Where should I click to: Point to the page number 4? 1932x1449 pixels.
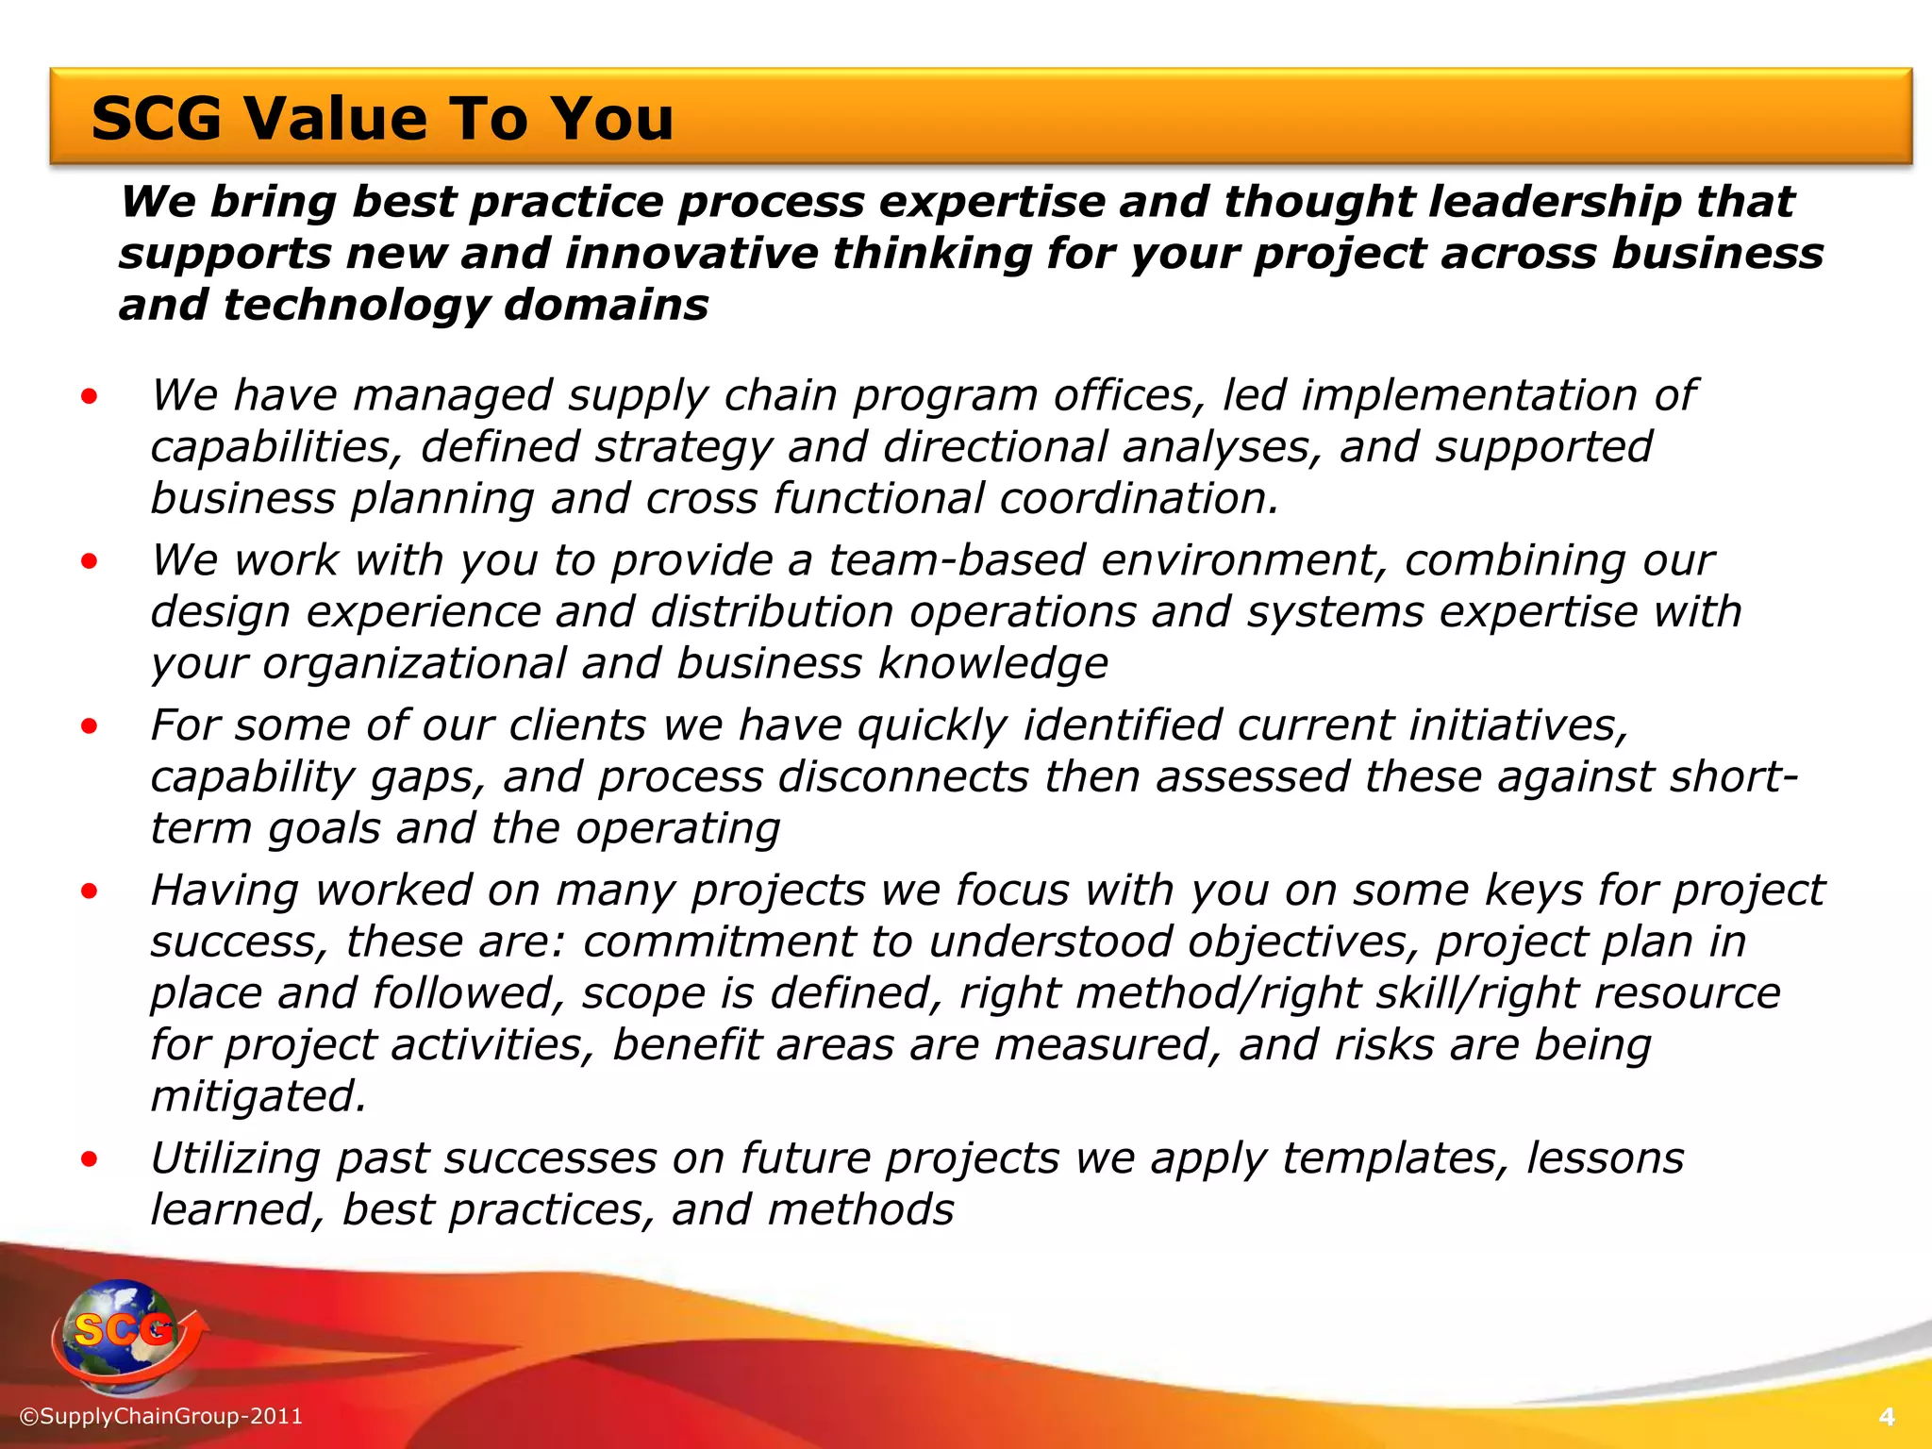(x=1887, y=1417)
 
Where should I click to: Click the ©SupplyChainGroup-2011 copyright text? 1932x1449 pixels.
(x=161, y=1416)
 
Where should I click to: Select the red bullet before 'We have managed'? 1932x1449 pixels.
(x=90, y=397)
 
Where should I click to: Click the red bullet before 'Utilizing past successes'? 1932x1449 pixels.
(x=90, y=1160)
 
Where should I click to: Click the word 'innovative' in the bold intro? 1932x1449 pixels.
(x=692, y=254)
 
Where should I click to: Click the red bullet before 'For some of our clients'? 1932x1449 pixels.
(x=90, y=726)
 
